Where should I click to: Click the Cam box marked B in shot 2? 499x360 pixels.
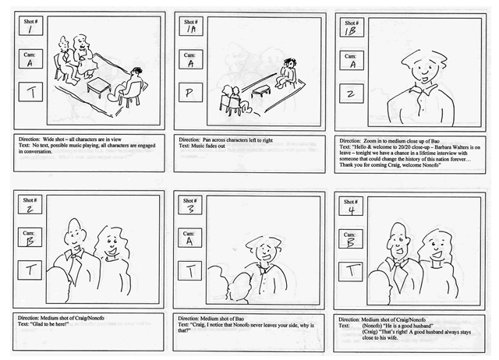pyautogui.click(x=30, y=235)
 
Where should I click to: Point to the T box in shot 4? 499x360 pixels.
pyautogui.click(x=352, y=270)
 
